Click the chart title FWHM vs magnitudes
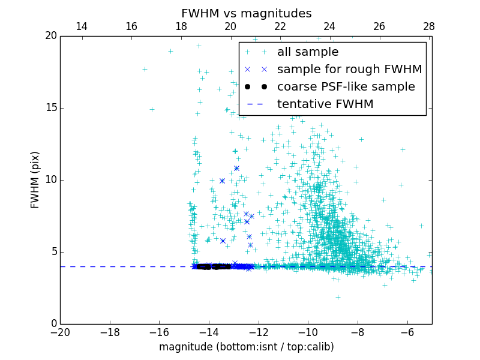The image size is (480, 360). (246, 13)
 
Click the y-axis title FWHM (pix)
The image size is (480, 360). (35, 180)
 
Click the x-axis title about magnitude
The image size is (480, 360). (246, 347)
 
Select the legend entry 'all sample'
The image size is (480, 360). (307, 52)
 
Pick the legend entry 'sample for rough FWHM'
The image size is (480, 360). (349, 69)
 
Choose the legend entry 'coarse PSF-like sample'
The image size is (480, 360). (346, 86)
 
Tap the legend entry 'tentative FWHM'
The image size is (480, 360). (325, 104)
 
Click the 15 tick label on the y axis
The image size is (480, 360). (50, 108)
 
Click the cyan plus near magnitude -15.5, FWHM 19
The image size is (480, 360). (170, 51)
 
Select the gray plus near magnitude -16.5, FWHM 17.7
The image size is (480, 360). (145, 69)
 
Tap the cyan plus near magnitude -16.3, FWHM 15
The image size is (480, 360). (152, 109)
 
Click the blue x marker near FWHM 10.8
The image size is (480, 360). (236, 169)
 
